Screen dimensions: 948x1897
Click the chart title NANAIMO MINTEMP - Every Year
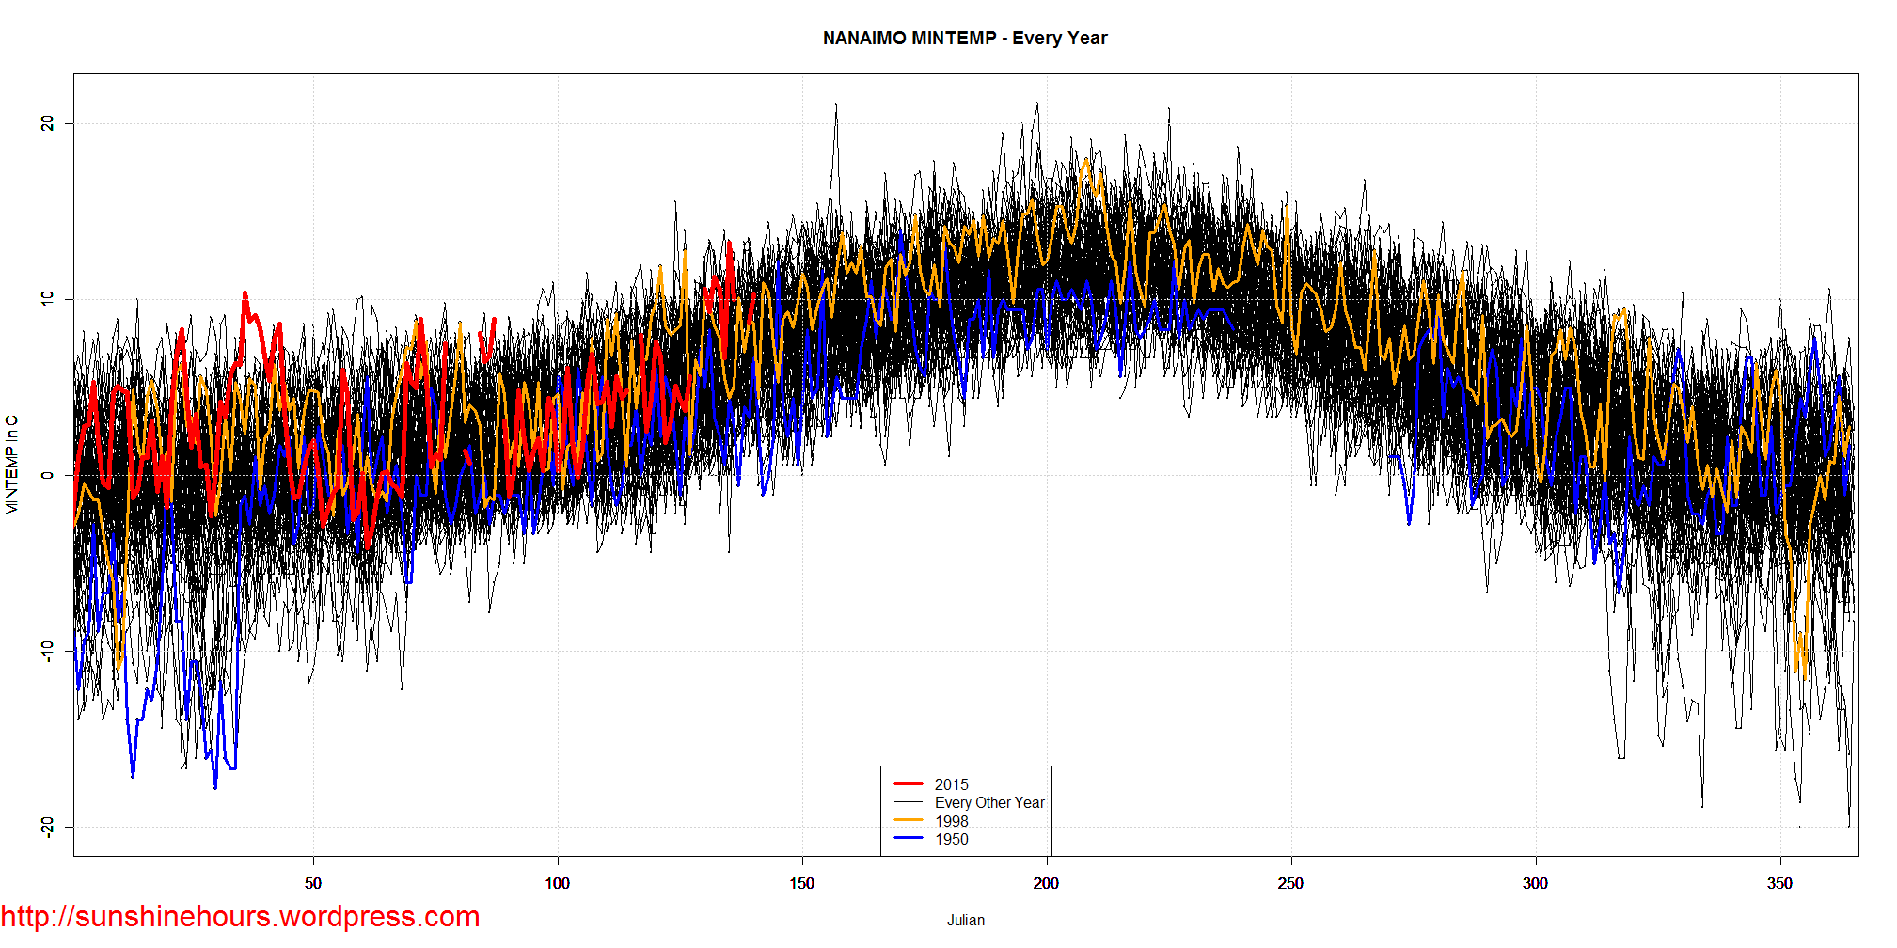965,39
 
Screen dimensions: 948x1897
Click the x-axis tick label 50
313,883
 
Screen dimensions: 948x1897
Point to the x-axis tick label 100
557,883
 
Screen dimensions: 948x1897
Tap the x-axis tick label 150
801,883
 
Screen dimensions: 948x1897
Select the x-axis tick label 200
1046,883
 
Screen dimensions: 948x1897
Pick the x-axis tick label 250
1290,883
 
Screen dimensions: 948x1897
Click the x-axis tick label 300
1535,883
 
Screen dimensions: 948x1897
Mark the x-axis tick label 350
1779,883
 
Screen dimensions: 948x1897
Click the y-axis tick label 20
47,123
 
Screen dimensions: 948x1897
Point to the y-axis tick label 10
47,299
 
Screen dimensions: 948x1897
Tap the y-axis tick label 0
47,475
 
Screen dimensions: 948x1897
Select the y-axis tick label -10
47,651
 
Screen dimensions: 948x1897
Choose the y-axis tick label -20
47,827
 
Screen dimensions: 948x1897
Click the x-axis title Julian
966,921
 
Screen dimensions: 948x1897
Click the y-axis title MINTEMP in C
12,466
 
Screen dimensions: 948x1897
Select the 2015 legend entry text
951,784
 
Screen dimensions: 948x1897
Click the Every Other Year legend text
989,802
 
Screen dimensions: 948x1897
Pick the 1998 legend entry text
951,821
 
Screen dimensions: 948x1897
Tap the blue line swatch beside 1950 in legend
909,839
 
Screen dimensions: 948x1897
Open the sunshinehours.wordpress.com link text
240,916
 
